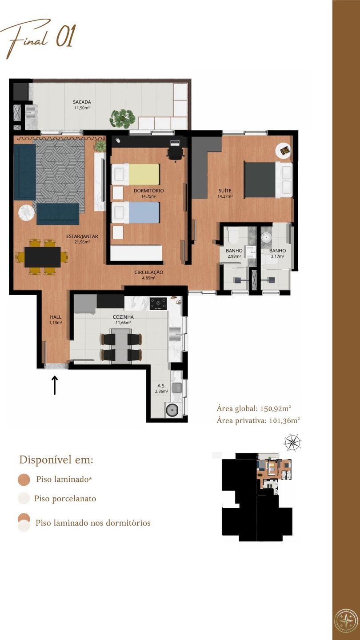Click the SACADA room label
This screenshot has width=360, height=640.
pyautogui.click(x=82, y=102)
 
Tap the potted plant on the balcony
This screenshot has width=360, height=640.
pyautogui.click(x=122, y=118)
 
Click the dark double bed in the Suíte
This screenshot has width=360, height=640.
pyautogui.click(x=268, y=180)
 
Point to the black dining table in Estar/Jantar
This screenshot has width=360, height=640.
pyautogui.click(x=43, y=257)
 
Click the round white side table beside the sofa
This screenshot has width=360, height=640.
pyautogui.click(x=27, y=213)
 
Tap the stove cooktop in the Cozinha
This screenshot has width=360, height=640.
pyautogui.click(x=158, y=304)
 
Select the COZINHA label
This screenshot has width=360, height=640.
pyautogui.click(x=123, y=317)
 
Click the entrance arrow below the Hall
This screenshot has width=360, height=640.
pyautogui.click(x=55, y=385)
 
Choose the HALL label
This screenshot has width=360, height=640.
pyautogui.click(x=56, y=317)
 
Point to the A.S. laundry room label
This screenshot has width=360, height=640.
pyautogui.click(x=161, y=386)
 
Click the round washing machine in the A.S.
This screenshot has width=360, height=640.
pyautogui.click(x=173, y=410)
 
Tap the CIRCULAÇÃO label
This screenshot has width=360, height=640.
pyautogui.click(x=148, y=272)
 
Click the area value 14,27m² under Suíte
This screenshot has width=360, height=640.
pyautogui.click(x=225, y=196)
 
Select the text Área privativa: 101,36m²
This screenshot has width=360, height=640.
pyautogui.click(x=258, y=420)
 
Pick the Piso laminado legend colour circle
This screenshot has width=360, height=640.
pyautogui.click(x=24, y=480)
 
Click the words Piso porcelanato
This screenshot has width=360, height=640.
pyautogui.click(x=65, y=499)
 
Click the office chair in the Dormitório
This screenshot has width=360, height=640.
pyautogui.click(x=175, y=154)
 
